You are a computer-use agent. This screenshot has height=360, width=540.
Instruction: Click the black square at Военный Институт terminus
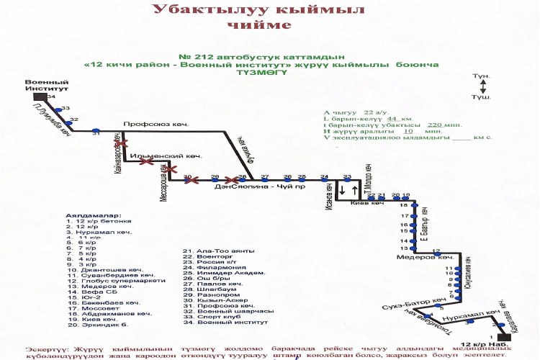click(x=40, y=96)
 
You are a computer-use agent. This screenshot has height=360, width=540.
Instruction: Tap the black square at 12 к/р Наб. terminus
click(x=503, y=336)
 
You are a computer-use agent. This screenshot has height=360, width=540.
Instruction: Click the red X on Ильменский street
click(x=146, y=163)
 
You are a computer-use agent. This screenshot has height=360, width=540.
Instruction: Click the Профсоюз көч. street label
click(x=156, y=125)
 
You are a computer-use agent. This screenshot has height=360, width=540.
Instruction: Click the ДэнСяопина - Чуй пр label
click(x=249, y=186)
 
